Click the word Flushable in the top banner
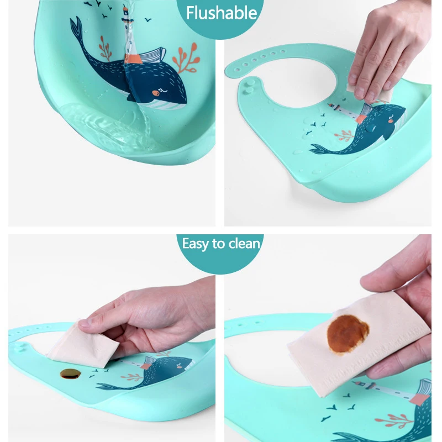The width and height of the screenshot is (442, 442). coord(222,13)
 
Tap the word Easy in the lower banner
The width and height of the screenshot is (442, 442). coord(195,243)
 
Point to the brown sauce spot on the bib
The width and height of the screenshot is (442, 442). coord(70,373)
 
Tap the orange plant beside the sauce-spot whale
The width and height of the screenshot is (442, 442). coord(133,377)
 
